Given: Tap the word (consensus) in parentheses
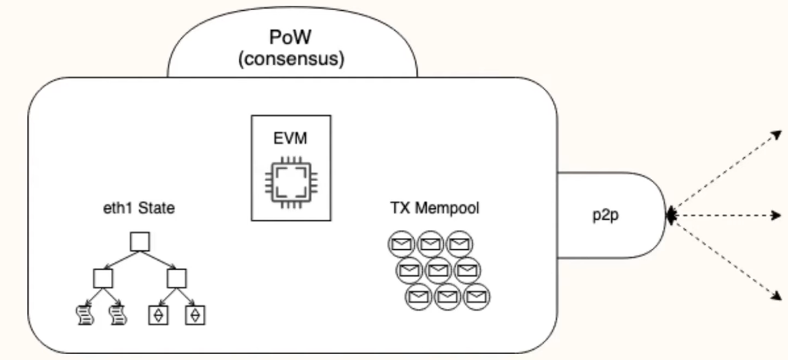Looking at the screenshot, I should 292,59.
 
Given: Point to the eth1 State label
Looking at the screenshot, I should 139,210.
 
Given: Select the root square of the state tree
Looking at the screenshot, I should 139,242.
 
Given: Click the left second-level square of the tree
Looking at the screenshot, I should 102,278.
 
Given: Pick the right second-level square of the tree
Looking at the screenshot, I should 177,278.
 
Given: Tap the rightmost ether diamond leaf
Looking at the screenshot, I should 195,315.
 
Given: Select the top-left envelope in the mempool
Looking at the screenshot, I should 399,244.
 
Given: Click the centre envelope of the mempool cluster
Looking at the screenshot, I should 437,271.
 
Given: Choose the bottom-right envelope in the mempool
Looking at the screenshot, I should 476,297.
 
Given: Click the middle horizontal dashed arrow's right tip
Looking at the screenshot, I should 779,215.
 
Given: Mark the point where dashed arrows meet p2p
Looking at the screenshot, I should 667,215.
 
